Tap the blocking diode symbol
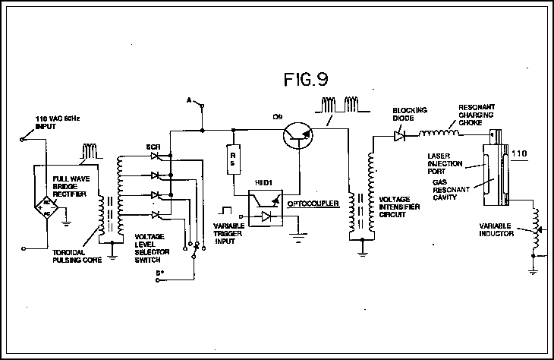pyautogui.click(x=398, y=137)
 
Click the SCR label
pyautogui.click(x=153, y=145)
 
